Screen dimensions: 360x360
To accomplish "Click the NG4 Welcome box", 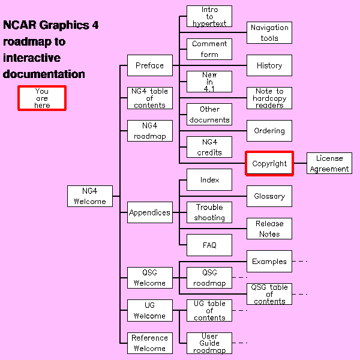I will tap(90, 196).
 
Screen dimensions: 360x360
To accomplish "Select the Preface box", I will tap(149, 65).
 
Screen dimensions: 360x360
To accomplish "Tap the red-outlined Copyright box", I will tap(269, 163).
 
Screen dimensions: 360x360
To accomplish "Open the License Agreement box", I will tap(329, 163).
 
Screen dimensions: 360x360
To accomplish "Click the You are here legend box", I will tap(41, 98).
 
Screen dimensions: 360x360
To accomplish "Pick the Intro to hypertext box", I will tap(209, 16).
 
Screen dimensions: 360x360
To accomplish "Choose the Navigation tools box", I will tap(269, 32).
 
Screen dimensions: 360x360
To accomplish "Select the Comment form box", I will tap(209, 49).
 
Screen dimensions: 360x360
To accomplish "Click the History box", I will tap(269, 65).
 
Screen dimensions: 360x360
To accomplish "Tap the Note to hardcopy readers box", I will tap(269, 98).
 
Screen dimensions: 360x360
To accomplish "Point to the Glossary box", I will tap(269, 196).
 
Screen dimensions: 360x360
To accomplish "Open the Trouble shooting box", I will tap(209, 212).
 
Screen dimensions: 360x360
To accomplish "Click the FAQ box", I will tap(209, 245).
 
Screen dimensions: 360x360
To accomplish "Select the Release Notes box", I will tap(269, 229).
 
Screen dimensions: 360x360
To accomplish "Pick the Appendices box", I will tap(149, 212).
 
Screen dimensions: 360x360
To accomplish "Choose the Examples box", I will tap(269, 261).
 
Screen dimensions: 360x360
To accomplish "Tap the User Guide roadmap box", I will tap(209, 343).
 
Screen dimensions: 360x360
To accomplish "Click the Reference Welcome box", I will tap(149, 343).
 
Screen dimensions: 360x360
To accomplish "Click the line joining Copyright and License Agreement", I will tap(300, 163).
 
